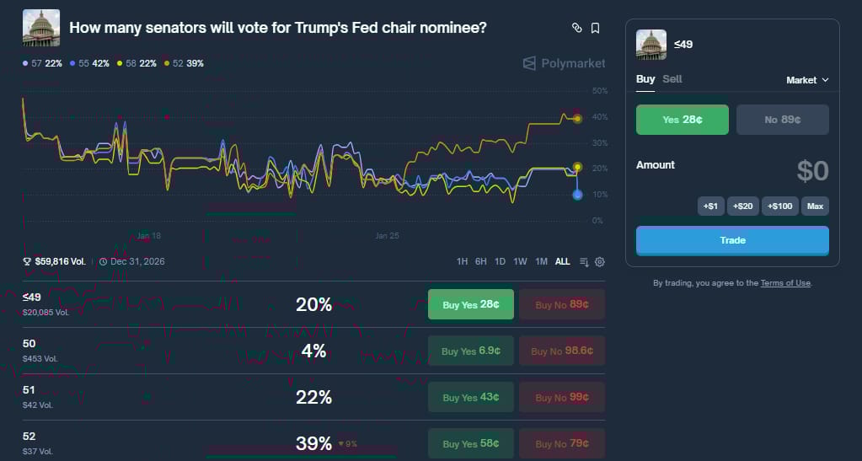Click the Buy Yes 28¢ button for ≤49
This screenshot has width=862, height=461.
click(x=470, y=304)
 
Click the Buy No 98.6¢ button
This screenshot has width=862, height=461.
click(x=561, y=351)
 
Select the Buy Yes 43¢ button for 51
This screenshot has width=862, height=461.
click(x=470, y=397)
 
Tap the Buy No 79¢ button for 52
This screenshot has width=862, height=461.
click(x=561, y=443)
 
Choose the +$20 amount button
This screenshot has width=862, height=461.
click(x=743, y=206)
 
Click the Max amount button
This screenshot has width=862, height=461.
click(x=815, y=206)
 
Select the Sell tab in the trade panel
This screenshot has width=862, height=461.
click(x=672, y=79)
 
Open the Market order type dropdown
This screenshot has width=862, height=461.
click(x=807, y=80)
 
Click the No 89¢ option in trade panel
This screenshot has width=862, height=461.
click(x=782, y=120)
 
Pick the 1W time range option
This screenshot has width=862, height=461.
click(x=520, y=261)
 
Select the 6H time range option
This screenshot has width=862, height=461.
click(x=480, y=261)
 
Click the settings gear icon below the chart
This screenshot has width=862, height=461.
click(x=600, y=261)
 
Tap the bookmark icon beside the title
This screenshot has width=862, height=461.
click(x=595, y=28)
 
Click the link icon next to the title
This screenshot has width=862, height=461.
click(x=577, y=28)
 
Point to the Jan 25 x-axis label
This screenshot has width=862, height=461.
click(x=387, y=236)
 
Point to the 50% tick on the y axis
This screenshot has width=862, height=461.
click(x=599, y=90)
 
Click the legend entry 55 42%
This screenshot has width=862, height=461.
click(x=89, y=63)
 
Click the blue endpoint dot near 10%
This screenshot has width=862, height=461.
click(x=577, y=195)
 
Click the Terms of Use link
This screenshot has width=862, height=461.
click(x=785, y=283)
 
